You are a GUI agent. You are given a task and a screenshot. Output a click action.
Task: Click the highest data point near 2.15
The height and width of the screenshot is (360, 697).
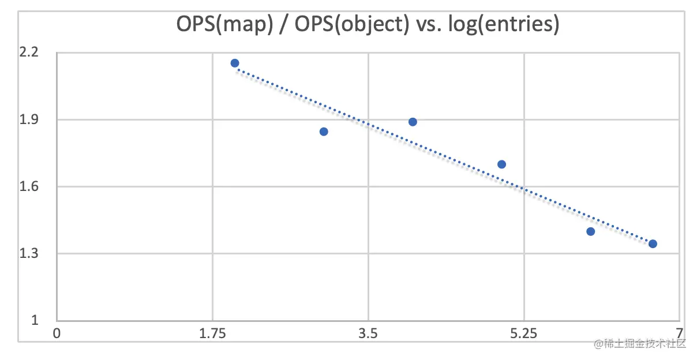(235, 63)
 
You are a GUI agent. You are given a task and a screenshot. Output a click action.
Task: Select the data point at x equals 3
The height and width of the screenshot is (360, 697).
(324, 132)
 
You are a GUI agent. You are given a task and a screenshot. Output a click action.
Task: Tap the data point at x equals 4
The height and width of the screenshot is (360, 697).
(413, 122)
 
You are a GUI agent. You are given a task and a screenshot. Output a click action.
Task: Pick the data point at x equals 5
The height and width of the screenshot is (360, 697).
(501, 164)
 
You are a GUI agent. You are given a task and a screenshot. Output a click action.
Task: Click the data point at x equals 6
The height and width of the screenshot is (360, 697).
(590, 231)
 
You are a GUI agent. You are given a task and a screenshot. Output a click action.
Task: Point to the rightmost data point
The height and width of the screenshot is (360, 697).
(653, 243)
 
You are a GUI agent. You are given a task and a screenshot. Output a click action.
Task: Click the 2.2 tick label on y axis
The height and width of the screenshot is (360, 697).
(29, 52)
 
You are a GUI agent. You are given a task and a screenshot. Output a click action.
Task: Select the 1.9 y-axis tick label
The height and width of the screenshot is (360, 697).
(29, 119)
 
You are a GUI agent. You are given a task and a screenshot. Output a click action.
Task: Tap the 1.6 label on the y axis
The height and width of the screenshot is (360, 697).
(29, 186)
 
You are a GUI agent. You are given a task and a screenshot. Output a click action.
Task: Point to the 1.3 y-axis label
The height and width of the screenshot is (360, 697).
(29, 253)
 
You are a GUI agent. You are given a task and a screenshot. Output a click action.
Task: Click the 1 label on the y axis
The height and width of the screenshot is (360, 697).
(35, 320)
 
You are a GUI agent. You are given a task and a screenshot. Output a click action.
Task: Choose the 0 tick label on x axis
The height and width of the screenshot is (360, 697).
(57, 333)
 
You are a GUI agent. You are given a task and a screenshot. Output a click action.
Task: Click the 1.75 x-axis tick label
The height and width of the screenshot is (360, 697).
(212, 333)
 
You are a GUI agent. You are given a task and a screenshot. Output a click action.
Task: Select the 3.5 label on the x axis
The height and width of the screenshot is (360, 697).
(368, 333)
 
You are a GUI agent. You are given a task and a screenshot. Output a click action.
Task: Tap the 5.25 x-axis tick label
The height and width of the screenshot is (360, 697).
(524, 333)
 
